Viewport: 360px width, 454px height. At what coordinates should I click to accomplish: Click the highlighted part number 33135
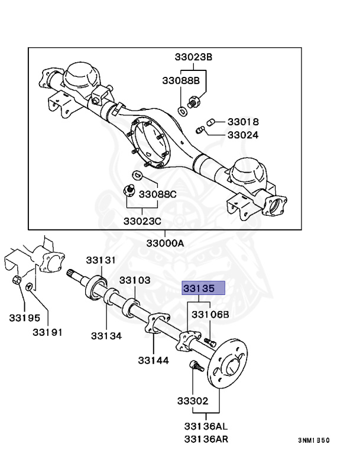203,288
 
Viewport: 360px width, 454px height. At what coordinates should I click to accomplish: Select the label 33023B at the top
193,57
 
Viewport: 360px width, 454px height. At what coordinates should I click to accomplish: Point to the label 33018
243,122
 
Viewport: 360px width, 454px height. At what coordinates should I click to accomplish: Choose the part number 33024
243,135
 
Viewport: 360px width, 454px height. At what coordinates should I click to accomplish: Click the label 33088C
157,194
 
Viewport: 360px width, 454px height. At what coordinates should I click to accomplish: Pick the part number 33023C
142,221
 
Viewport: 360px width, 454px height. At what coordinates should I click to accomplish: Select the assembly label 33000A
166,243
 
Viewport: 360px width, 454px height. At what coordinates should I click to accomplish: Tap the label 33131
100,260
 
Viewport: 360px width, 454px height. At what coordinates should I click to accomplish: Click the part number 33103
135,280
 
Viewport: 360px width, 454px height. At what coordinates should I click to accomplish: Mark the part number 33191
47,332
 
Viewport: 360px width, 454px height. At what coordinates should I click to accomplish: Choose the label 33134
106,336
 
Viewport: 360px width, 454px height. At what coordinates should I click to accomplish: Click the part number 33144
154,360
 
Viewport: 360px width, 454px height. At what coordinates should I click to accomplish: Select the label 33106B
210,314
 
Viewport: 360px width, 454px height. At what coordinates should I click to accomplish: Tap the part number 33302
193,401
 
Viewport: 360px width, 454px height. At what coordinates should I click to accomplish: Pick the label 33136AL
205,426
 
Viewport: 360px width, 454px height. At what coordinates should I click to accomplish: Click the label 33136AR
205,439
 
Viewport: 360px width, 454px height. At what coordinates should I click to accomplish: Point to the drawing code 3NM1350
313,440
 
